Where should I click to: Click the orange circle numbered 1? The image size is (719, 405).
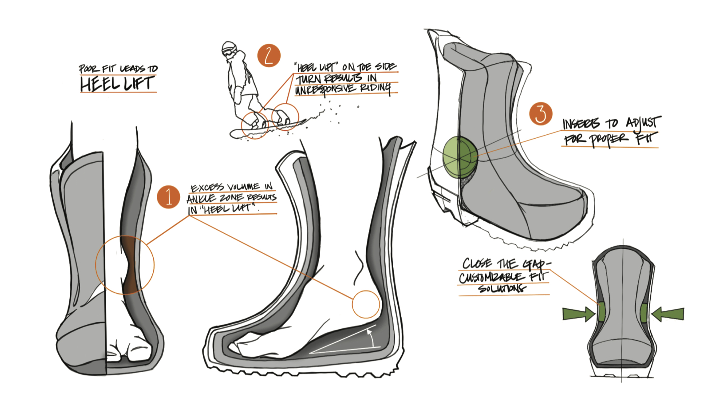[168, 197]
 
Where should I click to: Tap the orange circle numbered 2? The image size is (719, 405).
[269, 56]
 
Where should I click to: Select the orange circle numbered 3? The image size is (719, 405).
[540, 114]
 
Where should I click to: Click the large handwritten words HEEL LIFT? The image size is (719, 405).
[117, 84]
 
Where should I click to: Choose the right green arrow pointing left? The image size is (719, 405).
[668, 314]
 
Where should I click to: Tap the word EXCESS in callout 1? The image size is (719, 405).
[207, 188]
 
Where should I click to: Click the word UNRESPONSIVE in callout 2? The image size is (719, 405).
[325, 90]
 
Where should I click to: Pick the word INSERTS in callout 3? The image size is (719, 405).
[581, 124]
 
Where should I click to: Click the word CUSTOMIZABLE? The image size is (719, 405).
[492, 278]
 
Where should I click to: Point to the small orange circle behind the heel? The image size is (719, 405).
[366, 304]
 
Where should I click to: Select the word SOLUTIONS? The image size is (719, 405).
[502, 288]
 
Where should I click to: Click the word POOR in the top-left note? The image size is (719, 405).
[87, 68]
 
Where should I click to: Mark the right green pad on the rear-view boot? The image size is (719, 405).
[644, 312]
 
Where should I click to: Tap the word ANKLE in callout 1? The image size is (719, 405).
[201, 199]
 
